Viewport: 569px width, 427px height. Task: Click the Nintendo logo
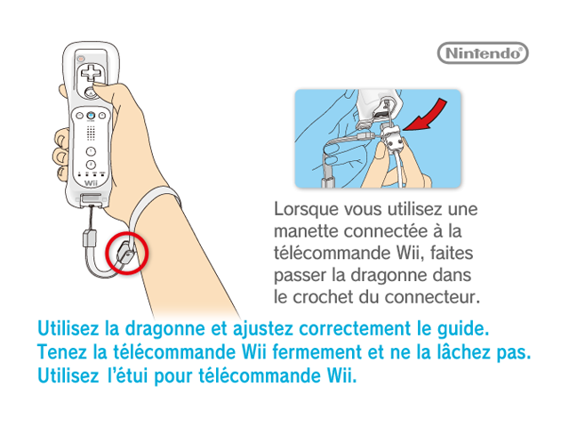pos(483,53)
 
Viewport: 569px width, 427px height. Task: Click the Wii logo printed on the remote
pos(91,183)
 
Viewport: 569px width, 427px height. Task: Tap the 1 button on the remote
pos(91,151)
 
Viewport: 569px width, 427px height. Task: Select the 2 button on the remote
pos(91,165)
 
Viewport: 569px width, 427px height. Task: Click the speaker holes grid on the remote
pos(91,133)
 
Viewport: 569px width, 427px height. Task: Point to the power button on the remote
pos(81,59)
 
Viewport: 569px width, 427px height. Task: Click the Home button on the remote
pos(91,116)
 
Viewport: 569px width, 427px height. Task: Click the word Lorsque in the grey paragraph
pos(307,210)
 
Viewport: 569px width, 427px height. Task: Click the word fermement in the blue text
pos(317,352)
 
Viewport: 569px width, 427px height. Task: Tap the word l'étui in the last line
pos(128,375)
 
